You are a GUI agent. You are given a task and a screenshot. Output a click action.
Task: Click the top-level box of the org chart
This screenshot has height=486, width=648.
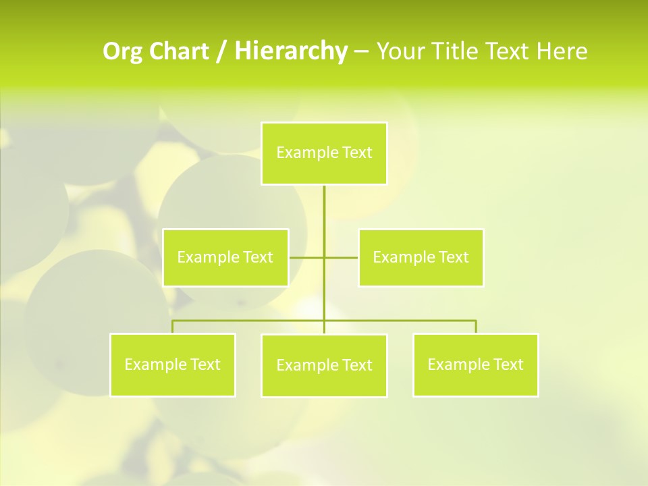click(x=324, y=153)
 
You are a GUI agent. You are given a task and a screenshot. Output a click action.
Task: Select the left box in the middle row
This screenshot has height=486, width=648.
click(x=225, y=257)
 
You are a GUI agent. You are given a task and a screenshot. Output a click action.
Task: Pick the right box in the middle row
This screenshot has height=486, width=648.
click(x=421, y=257)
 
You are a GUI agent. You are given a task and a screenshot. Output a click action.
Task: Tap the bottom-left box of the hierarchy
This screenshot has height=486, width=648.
click(x=172, y=364)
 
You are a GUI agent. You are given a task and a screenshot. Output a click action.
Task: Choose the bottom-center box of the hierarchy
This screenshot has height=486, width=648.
click(x=324, y=365)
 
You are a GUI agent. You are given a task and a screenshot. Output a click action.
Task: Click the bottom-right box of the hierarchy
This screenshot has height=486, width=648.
click(x=475, y=364)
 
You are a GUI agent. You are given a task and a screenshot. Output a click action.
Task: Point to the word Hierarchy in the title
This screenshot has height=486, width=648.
click(x=291, y=51)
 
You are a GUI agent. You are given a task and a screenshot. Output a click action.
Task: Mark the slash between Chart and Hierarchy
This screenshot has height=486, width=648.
click(x=221, y=51)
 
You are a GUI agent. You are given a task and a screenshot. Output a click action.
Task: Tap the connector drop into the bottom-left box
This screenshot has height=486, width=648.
click(x=172, y=327)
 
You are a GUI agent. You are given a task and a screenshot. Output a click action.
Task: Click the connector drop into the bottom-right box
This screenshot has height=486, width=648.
click(x=476, y=327)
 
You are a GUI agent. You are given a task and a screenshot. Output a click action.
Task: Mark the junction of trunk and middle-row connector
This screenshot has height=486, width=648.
click(x=324, y=257)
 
